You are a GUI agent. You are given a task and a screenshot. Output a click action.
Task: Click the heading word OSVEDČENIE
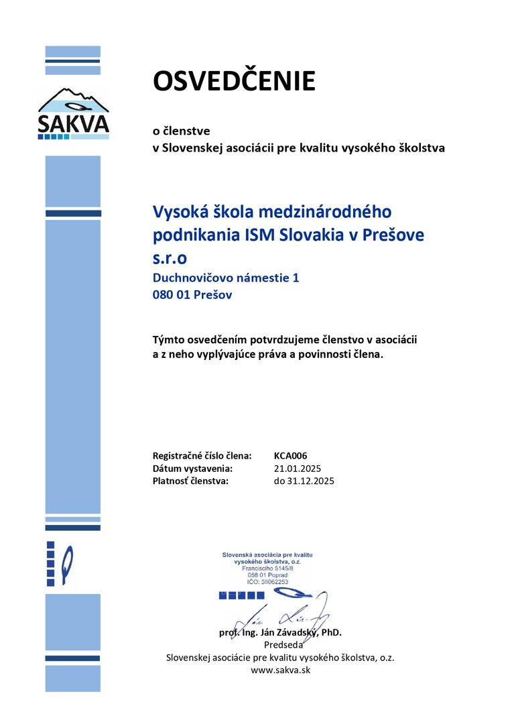pos(234,81)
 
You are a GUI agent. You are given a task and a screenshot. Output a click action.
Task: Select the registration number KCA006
pos(290,455)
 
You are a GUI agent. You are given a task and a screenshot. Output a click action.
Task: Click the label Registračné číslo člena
pos(202,455)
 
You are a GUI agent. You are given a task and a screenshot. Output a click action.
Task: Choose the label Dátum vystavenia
pos(192,468)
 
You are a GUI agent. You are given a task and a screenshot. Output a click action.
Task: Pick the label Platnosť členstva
pos(191,481)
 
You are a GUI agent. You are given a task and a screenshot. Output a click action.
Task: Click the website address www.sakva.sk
pos(280,669)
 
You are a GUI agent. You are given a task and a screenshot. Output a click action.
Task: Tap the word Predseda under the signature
pos(280,645)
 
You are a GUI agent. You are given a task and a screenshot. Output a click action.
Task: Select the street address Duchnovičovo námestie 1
pos(226,277)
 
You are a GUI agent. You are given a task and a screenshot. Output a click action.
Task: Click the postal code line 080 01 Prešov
pos(192,294)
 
